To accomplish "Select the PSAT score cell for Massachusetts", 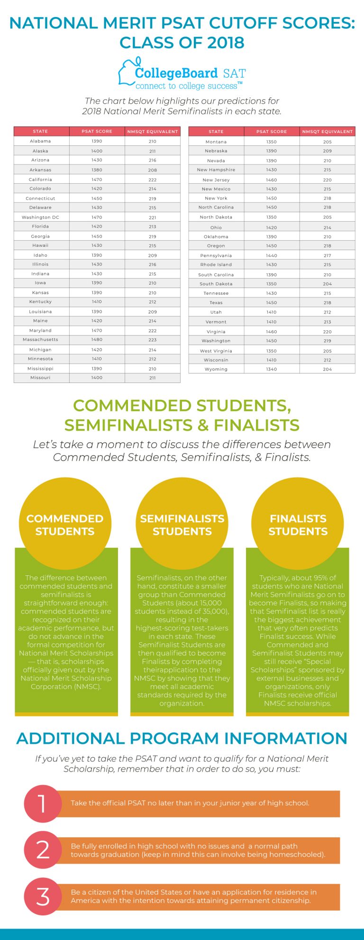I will (x=97, y=340).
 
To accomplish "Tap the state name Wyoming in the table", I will (x=216, y=369).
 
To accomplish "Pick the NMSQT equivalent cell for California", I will (x=152, y=180).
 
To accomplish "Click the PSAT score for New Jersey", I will (x=272, y=180).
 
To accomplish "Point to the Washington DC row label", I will (x=40, y=217).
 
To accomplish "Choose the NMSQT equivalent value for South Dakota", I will (x=327, y=284).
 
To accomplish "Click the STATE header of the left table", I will (x=40, y=131).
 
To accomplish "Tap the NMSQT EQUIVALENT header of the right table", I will (x=327, y=131).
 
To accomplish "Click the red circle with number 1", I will (x=42, y=804).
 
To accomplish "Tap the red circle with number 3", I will (x=42, y=896).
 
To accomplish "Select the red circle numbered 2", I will (x=42, y=850).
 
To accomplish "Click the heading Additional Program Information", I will (x=182, y=738).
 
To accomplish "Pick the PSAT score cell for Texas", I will (x=272, y=303).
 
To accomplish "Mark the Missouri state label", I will (x=40, y=378).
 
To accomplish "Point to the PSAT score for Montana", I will (x=272, y=142).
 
